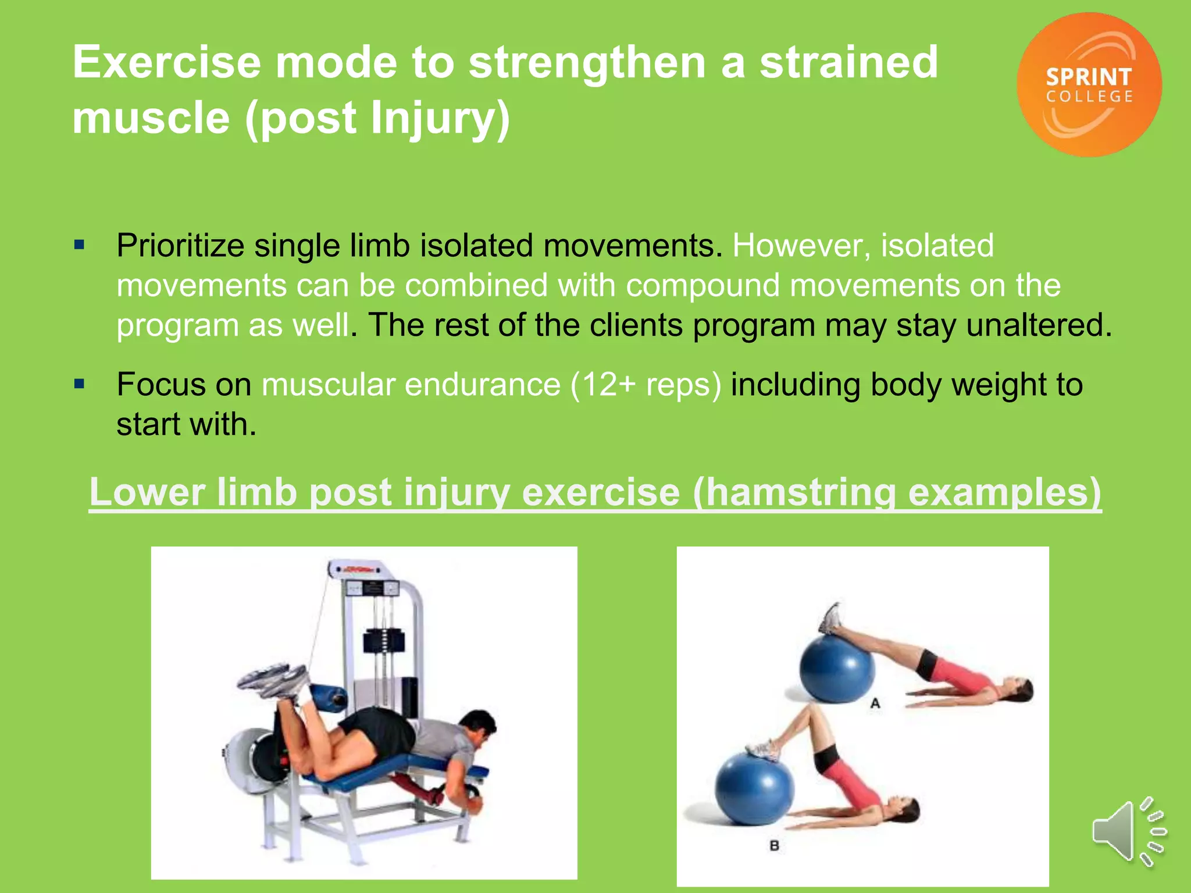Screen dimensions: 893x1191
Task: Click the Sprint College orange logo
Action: [x=1089, y=85]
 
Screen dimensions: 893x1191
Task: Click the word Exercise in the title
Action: [x=167, y=62]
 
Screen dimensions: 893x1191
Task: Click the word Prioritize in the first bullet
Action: [x=180, y=245]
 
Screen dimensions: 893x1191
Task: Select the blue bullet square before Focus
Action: [x=80, y=384]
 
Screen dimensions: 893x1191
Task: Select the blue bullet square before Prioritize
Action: [x=80, y=245]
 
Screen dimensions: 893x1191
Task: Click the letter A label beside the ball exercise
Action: [x=875, y=703]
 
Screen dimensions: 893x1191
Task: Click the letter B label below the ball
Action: [x=774, y=845]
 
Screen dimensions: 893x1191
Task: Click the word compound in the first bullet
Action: [x=703, y=285]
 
